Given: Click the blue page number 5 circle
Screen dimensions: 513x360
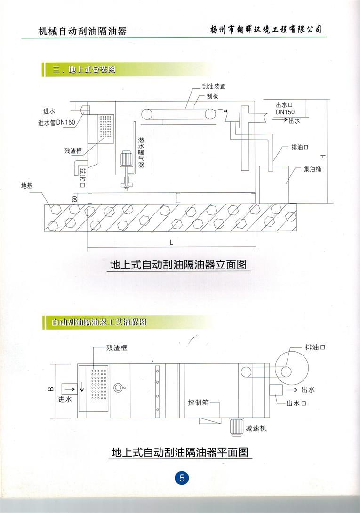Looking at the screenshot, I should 182,479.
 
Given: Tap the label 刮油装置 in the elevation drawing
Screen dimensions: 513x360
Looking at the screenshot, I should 210,87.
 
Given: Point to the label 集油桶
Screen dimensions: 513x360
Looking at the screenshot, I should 312,169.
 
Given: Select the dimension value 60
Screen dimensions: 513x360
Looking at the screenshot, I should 75,199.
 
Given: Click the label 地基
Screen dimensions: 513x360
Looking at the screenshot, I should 27,186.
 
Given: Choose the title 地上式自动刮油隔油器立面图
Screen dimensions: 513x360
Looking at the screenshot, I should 178,264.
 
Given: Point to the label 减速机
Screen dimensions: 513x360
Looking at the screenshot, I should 256,429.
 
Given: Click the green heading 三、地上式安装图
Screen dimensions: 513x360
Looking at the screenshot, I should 84,70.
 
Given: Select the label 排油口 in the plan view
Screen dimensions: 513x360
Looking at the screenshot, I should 315,347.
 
